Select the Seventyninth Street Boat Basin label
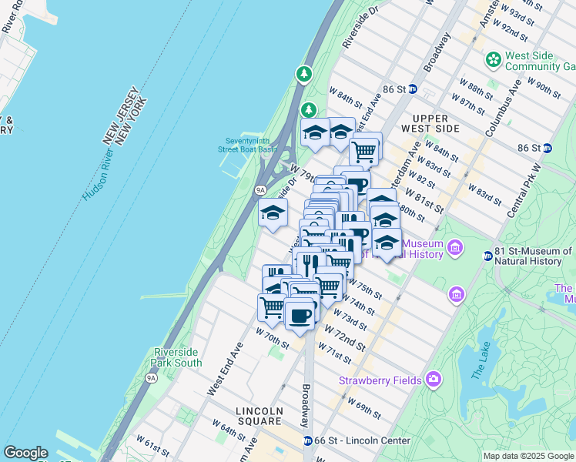pos(246,144)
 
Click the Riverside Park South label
pos(178,357)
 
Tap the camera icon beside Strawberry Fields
pos(434,379)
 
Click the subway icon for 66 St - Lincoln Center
pos(308,440)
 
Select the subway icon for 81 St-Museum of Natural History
pos(487,256)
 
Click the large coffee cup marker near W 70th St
pos(300,315)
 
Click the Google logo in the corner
pos(25,453)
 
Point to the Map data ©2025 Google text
pos(528,456)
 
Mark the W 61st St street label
pos(152,445)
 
